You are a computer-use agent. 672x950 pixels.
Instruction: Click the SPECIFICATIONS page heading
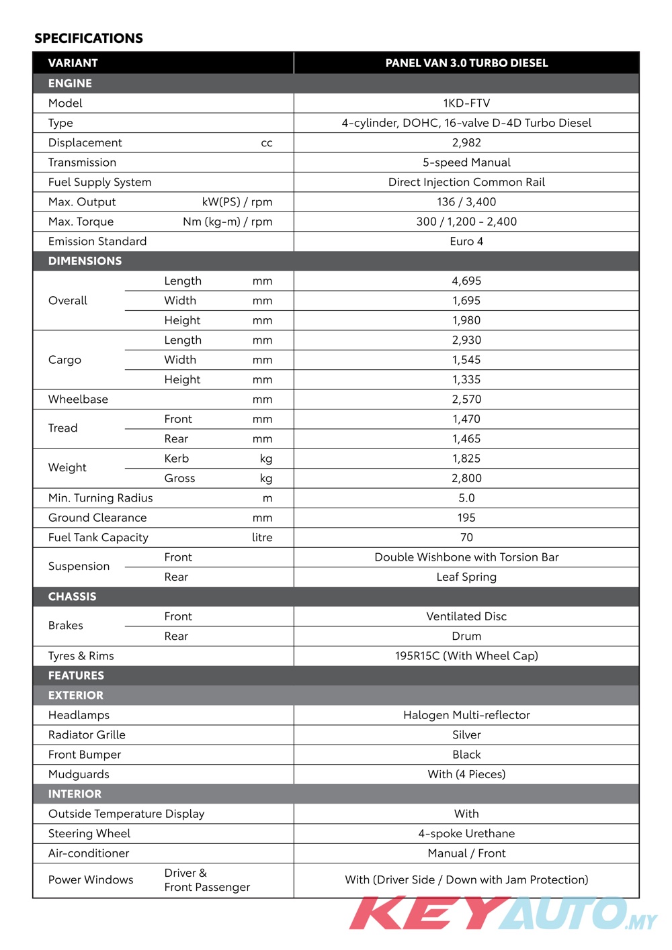pyautogui.click(x=89, y=38)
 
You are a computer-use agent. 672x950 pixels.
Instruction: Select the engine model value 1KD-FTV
pyautogui.click(x=466, y=103)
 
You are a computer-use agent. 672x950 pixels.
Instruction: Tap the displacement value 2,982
pyautogui.click(x=466, y=142)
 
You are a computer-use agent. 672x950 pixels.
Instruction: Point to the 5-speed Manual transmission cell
pyautogui.click(x=466, y=162)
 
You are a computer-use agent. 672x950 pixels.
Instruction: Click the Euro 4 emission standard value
pyautogui.click(x=466, y=242)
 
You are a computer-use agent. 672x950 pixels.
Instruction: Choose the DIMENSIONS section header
pyautogui.click(x=85, y=261)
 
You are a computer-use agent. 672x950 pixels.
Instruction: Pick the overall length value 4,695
pyautogui.click(x=466, y=281)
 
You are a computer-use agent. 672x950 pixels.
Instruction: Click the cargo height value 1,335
pyautogui.click(x=466, y=379)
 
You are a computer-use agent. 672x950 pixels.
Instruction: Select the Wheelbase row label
pyautogui.click(x=78, y=399)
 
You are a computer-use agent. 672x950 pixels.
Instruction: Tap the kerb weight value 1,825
pyautogui.click(x=466, y=459)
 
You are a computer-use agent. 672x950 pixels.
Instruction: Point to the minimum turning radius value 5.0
pyautogui.click(x=466, y=498)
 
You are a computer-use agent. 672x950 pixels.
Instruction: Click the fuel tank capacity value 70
pyautogui.click(x=466, y=538)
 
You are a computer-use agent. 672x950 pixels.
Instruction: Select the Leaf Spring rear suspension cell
pyautogui.click(x=466, y=577)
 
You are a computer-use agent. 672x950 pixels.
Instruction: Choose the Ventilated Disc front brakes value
pyautogui.click(x=466, y=616)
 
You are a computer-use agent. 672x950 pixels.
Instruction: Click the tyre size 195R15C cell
pyautogui.click(x=466, y=656)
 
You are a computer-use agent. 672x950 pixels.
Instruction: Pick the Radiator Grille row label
pyautogui.click(x=87, y=735)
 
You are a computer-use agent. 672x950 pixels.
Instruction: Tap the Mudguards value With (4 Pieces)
pyautogui.click(x=466, y=774)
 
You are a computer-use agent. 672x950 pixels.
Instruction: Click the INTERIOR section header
pyautogui.click(x=75, y=794)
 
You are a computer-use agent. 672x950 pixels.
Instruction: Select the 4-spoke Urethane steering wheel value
pyautogui.click(x=466, y=834)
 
